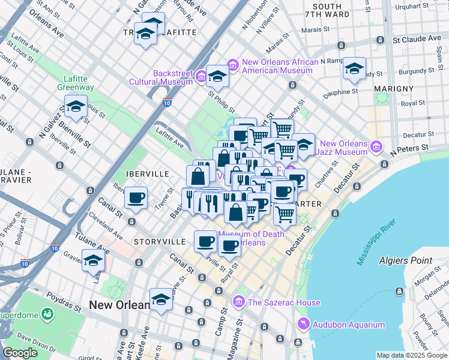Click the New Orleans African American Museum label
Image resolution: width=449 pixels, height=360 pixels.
click(x=277, y=66)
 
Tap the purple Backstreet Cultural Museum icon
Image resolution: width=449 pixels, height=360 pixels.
click(x=201, y=77)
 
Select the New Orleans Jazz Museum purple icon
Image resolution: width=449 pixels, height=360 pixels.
click(x=376, y=146)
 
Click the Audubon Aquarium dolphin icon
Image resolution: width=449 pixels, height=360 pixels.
click(x=304, y=325)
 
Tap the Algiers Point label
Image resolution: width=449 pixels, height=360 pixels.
click(x=405, y=260)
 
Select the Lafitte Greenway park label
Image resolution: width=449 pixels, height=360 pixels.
click(x=76, y=83)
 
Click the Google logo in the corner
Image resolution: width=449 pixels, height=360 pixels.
click(x=20, y=353)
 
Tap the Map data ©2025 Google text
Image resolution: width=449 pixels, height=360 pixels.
click(x=412, y=355)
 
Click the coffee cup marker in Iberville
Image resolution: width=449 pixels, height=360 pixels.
click(x=136, y=197)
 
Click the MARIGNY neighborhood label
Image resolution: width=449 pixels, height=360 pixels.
click(x=394, y=88)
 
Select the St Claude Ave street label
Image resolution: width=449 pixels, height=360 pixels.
click(x=417, y=39)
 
